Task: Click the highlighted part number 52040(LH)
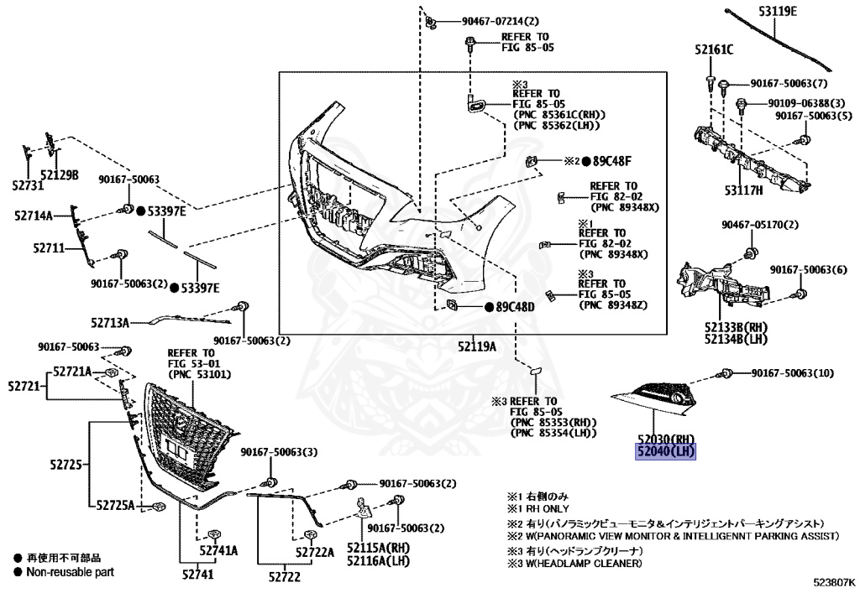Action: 666,452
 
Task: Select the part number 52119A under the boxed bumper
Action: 477,346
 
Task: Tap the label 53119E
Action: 778,11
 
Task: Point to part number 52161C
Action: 714,49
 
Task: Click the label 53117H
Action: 744,190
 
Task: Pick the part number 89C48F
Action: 612,161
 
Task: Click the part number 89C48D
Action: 515,307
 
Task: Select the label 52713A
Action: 110,323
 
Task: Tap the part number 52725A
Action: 115,505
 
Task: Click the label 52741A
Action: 218,551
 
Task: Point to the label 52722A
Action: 315,553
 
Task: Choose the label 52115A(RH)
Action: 379,548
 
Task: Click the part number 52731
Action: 28,186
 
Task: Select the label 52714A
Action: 34,216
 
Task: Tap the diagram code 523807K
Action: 833,584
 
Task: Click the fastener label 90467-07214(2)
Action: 501,21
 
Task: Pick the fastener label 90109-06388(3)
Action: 806,103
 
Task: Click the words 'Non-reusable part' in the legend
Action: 71,572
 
